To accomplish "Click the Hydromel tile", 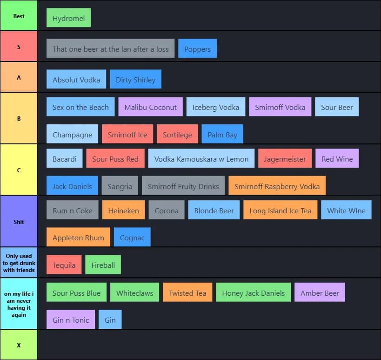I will pos(68,18).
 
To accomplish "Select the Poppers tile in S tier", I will pos(197,49).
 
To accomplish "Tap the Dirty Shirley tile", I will pos(135,80).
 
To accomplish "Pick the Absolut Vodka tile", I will pos(76,80).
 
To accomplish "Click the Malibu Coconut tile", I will pos(150,107).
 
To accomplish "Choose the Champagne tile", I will pos(72,135).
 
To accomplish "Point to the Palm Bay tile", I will pos(222,135).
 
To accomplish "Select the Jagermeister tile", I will pos(285,159).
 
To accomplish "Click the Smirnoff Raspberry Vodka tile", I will pos(277,186).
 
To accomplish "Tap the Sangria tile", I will pos(120,186).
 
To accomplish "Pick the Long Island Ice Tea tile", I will pos(280,211).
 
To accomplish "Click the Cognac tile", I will pos(132,238).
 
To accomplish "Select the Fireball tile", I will pos(103,265).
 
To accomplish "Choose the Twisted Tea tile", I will pos(187,293).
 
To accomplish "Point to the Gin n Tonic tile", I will pos(71,320).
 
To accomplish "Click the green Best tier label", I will pos(19,16).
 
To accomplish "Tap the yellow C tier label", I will pos(19,170).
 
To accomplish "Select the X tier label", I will pos(19,345).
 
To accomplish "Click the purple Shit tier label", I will pos(19,222).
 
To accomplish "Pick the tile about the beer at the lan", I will pos(110,49).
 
